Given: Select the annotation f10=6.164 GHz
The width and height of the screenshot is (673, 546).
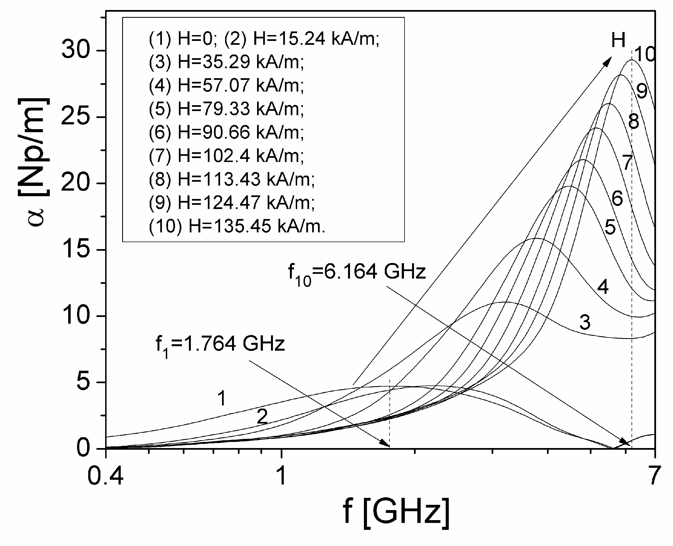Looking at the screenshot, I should [357, 272].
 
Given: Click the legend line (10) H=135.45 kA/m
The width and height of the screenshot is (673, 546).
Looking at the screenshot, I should [237, 226].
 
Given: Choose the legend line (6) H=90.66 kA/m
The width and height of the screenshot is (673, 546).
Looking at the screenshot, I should [226, 132].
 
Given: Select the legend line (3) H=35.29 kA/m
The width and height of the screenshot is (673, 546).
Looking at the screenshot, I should [226, 62].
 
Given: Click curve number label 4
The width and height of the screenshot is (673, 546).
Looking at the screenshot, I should [603, 287].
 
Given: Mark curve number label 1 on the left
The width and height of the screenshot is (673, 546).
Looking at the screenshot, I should [222, 398].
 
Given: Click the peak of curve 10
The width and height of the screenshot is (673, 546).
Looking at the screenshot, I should [632, 60].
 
